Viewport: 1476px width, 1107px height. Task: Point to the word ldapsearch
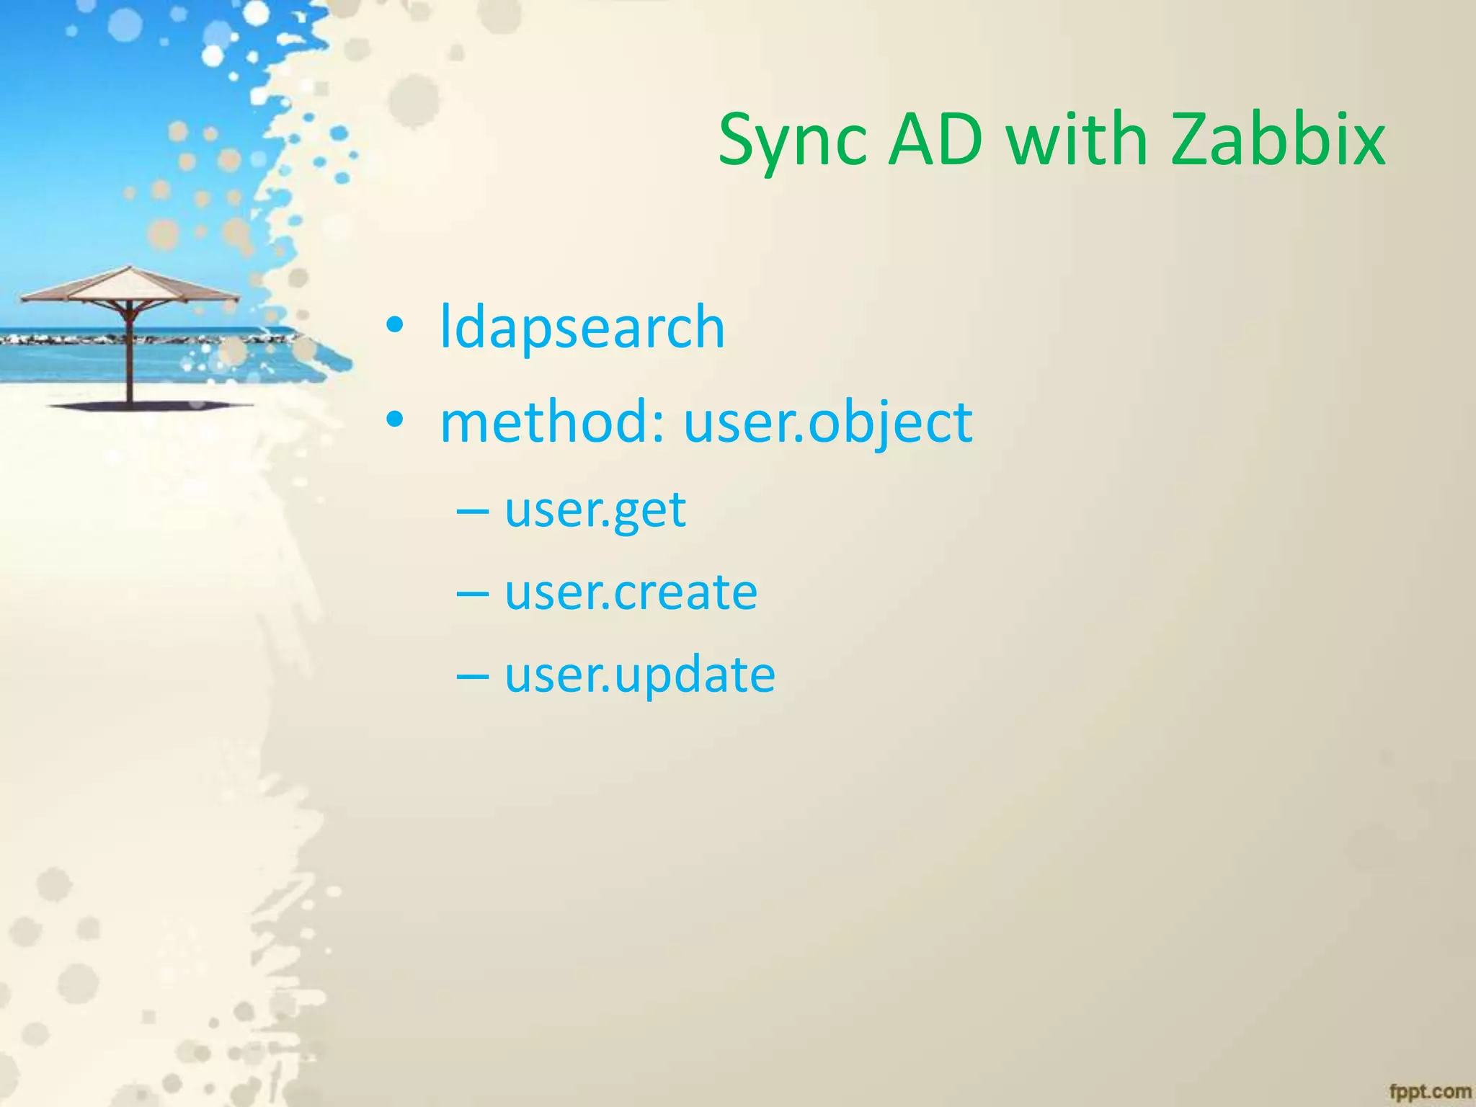tap(582, 328)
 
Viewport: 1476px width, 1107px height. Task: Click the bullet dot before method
tap(394, 420)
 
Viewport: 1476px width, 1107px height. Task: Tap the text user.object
tap(827, 423)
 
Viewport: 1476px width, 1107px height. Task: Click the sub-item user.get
tap(595, 510)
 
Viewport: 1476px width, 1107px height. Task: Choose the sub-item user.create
tap(631, 592)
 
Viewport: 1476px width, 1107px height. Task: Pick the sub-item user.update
tap(639, 675)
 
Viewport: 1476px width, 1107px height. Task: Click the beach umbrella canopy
tap(130, 286)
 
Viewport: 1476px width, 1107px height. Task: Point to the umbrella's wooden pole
tap(130, 360)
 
